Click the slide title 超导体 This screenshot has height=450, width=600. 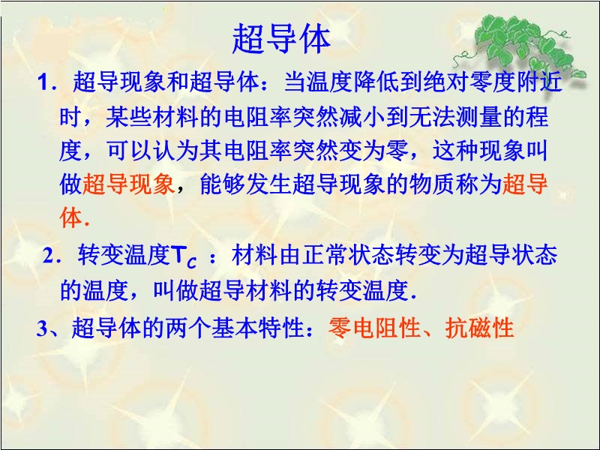281,39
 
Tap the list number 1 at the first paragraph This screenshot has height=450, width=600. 43,82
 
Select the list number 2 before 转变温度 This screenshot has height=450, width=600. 49,256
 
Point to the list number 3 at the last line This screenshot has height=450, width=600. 42,328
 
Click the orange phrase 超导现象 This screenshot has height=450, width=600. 128,184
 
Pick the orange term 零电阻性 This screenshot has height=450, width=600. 374,328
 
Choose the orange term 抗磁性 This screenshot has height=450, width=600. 479,328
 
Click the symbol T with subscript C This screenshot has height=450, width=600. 184,257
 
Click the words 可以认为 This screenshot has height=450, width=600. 153,151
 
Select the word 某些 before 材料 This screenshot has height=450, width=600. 129,116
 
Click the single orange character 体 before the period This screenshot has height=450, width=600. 71,218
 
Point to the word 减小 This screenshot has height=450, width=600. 362,116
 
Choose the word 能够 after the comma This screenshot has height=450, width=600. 223,184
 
